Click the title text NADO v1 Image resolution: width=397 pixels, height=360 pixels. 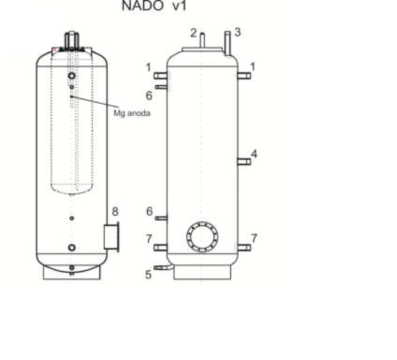coord(154,6)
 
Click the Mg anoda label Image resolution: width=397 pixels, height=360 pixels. coord(132,113)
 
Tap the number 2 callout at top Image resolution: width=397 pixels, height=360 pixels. coord(194,33)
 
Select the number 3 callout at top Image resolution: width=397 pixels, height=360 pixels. coord(237,32)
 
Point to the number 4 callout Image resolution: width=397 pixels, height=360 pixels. coord(254,154)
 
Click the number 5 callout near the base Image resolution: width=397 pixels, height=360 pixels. coord(148,275)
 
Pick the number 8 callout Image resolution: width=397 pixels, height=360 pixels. coord(115,211)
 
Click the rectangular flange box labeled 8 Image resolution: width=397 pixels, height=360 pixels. coord(112,237)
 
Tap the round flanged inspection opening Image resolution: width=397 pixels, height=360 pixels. coord(202,237)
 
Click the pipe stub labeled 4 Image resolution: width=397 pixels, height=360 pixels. coord(244,162)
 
